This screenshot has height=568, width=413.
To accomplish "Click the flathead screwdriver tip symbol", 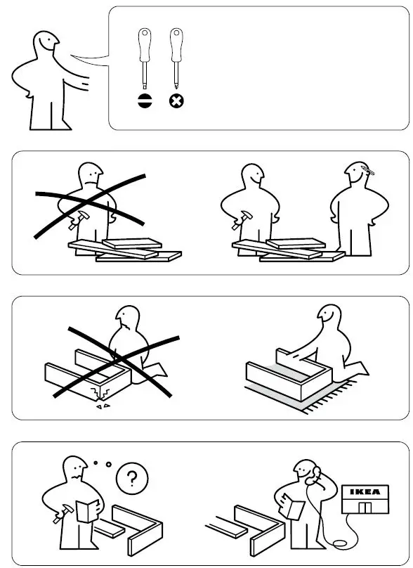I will pyautogui.click(x=145, y=101).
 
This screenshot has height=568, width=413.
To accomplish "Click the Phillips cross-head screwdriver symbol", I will pyautogui.click(x=176, y=101).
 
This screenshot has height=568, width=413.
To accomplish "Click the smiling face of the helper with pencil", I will pyautogui.click(x=354, y=177).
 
